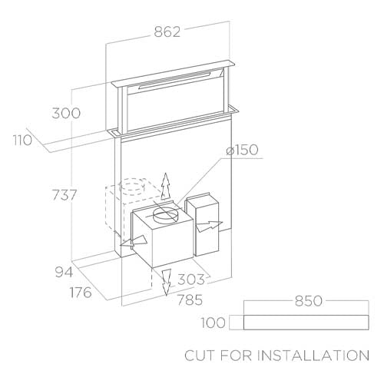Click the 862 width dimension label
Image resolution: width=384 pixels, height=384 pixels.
tap(167, 31)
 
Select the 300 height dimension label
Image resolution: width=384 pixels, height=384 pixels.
tap(66, 113)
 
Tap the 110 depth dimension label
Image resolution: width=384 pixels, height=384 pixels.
tap(23, 140)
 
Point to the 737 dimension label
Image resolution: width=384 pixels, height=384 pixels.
tap(65, 195)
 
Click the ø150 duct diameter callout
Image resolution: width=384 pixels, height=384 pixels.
tap(242, 150)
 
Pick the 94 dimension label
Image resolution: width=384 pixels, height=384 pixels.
tap(64, 272)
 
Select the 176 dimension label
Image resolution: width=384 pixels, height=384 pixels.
tap(81, 293)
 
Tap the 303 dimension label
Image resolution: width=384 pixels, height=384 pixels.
tap(191, 280)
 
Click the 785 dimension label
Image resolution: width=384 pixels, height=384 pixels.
tap(190, 300)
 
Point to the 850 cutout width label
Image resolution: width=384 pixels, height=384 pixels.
tap(309, 301)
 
